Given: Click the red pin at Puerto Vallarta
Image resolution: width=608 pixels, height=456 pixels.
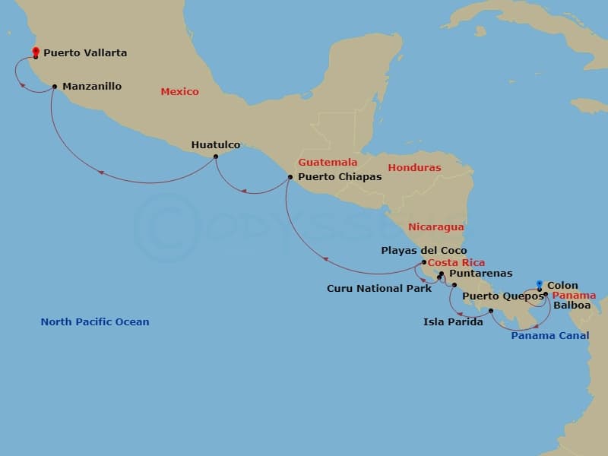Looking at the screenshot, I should click(x=36, y=52).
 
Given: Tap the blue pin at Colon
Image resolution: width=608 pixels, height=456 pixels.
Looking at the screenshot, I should click(x=539, y=285).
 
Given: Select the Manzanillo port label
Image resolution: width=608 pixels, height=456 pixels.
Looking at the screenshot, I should click(x=92, y=87).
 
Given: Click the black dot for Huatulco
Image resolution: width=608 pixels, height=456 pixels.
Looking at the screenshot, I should click(x=216, y=157).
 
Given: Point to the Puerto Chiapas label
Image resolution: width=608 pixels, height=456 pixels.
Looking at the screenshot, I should click(x=340, y=176).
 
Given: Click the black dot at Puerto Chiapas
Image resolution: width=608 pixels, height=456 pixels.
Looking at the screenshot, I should click(x=290, y=177).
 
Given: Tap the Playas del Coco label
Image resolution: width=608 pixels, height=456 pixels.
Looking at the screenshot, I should click(x=424, y=250).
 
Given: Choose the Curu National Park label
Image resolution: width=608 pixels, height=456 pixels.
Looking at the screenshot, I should click(x=379, y=288).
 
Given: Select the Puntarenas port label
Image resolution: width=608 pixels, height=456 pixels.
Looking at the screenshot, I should click(x=481, y=273).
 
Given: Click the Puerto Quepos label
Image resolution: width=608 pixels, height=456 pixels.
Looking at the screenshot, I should click(x=496, y=296).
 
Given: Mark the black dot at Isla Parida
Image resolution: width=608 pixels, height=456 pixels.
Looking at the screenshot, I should click(x=491, y=311).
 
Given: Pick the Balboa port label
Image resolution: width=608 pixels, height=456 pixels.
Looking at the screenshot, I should click(x=572, y=306).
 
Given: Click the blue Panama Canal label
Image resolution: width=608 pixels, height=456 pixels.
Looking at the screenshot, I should click(x=549, y=335).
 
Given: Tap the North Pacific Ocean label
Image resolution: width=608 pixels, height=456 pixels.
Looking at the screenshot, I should click(x=95, y=321).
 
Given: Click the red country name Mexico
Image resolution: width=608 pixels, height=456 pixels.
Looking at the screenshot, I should click(x=179, y=92).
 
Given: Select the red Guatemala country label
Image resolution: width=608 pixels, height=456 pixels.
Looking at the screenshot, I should click(x=328, y=163).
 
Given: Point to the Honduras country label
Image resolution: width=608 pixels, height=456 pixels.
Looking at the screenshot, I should click(x=414, y=168).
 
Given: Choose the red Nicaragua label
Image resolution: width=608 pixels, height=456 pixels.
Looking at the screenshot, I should click(x=435, y=226).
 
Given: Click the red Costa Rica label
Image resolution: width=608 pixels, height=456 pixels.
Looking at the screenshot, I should click(x=456, y=262).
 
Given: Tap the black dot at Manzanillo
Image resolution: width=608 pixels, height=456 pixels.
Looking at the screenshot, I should click(x=55, y=87).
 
